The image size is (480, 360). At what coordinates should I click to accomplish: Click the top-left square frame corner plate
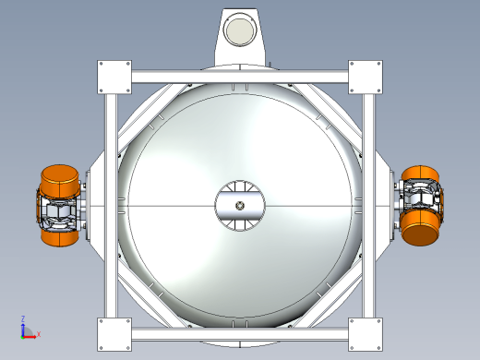pyautogui.click(x=114, y=78)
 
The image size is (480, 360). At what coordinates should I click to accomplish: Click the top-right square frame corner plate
pyautogui.click(x=366, y=78)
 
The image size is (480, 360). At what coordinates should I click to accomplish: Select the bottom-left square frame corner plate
pyautogui.click(x=114, y=334)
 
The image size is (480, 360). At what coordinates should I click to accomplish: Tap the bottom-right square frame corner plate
pyautogui.click(x=366, y=334)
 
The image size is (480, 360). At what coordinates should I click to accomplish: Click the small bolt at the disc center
pyautogui.click(x=240, y=206)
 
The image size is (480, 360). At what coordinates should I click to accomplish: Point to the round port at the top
pyautogui.click(x=240, y=30)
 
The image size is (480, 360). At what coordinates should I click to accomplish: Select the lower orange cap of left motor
pyautogui.click(x=60, y=237)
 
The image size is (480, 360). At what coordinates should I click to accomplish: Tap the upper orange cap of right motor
pyautogui.click(x=420, y=174)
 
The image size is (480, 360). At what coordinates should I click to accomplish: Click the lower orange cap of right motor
pyautogui.click(x=419, y=229)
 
